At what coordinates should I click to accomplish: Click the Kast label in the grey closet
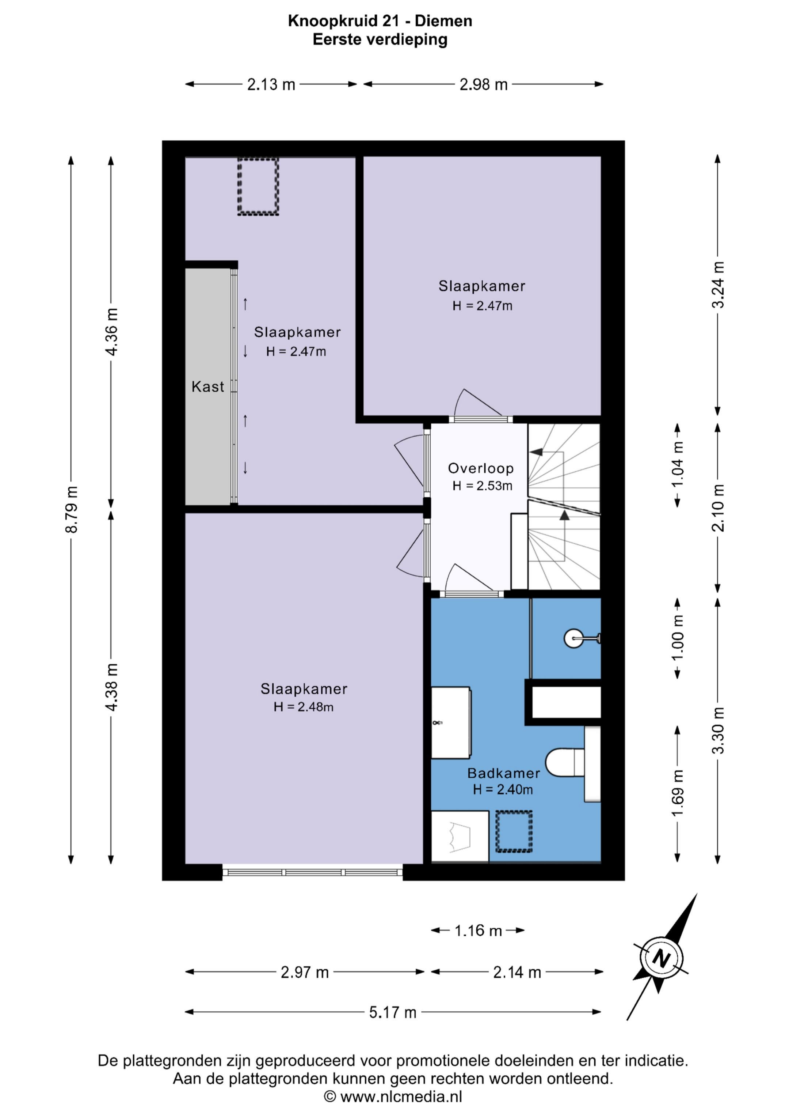(x=207, y=387)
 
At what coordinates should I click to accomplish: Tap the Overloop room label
(x=481, y=468)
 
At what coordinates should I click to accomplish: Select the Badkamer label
(x=504, y=773)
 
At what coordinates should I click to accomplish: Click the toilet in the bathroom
(x=564, y=762)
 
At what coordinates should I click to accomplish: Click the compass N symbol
(x=661, y=958)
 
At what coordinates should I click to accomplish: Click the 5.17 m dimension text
(x=393, y=1012)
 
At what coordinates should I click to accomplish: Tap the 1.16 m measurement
(x=478, y=931)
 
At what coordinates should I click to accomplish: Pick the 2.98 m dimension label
(x=484, y=85)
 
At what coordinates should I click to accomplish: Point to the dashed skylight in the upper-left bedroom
(x=258, y=186)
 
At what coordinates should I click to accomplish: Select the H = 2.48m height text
(x=303, y=707)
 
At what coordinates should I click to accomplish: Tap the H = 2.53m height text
(x=482, y=486)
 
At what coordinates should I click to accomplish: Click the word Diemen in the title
(x=443, y=21)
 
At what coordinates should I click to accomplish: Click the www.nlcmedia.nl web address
(x=401, y=1097)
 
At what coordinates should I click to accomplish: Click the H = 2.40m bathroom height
(x=503, y=790)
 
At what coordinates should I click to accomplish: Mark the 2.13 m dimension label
(x=271, y=85)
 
